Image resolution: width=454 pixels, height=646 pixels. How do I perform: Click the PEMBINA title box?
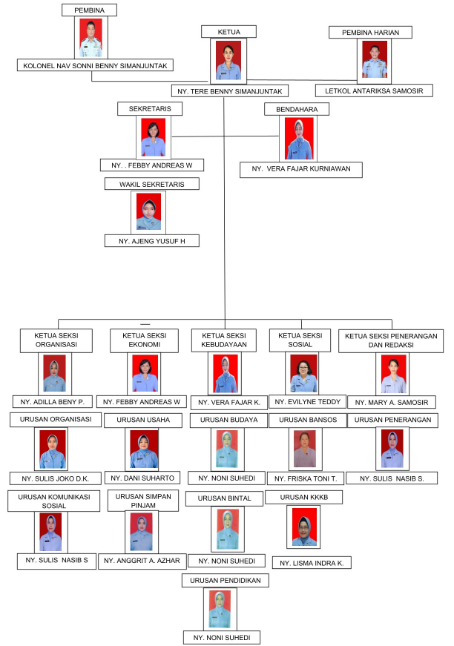90,10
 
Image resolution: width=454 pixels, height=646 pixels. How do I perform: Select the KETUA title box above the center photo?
228,32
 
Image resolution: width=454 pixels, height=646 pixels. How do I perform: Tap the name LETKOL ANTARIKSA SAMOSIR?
374,90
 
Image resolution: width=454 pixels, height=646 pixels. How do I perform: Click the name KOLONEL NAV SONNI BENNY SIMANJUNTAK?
95,65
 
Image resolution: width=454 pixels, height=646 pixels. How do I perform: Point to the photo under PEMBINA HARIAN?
375,61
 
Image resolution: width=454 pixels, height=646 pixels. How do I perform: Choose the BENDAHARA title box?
297,109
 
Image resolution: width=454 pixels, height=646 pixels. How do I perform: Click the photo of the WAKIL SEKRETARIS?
148,212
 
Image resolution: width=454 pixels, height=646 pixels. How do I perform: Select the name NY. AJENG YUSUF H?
152,241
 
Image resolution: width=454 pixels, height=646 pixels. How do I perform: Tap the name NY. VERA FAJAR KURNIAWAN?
301,169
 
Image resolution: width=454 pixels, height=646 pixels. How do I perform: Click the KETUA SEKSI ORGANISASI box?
56,340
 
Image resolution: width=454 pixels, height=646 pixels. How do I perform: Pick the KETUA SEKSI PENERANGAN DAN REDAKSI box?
391,340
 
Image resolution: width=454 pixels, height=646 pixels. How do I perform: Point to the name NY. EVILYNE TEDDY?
308,402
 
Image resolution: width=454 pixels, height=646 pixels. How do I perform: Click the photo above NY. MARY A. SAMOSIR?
393,374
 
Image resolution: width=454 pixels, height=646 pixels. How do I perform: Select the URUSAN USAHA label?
143,420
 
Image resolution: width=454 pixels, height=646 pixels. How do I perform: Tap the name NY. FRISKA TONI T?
306,478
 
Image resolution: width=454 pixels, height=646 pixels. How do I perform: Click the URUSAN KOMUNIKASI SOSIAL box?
54,501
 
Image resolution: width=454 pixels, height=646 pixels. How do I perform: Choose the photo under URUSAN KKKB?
303,527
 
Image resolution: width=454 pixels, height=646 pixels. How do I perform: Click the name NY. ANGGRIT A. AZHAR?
142,561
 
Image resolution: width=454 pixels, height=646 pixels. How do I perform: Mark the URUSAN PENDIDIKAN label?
226,581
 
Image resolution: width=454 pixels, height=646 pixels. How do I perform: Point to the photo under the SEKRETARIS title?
154,138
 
